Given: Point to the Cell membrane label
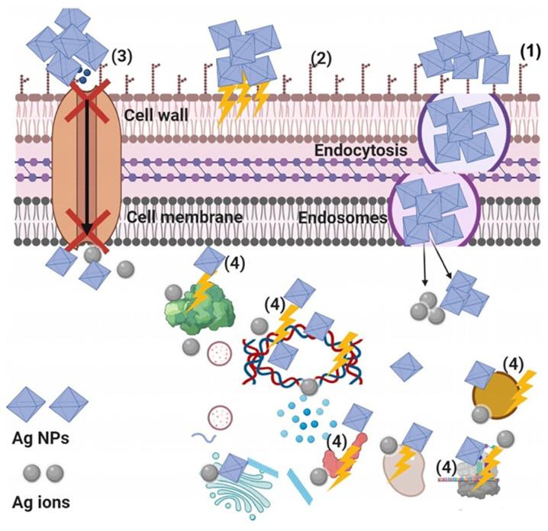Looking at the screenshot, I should [184, 217].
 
